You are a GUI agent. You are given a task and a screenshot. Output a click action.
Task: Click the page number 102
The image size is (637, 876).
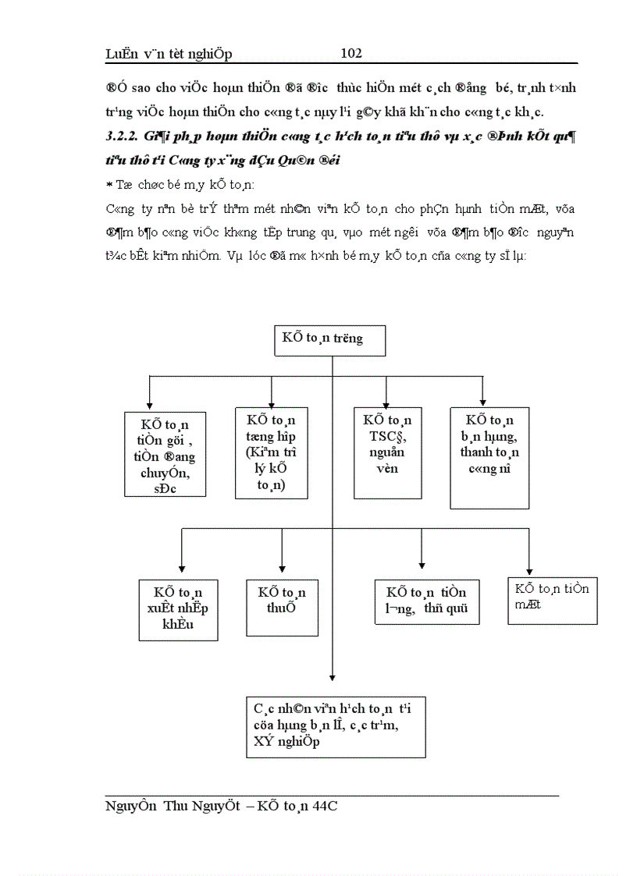(x=351, y=53)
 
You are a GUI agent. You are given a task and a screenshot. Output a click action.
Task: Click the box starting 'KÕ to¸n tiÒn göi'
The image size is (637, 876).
(x=165, y=454)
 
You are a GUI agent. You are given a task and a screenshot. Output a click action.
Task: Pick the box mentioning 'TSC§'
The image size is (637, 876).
(x=387, y=452)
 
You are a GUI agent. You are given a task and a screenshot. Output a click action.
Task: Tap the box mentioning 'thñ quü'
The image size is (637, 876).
(x=427, y=601)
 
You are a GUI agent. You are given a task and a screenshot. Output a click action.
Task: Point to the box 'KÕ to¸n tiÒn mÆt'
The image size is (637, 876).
(x=552, y=600)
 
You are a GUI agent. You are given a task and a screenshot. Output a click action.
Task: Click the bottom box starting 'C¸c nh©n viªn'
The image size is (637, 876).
(x=336, y=727)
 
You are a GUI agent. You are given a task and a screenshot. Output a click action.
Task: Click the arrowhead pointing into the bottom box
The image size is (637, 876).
(x=333, y=677)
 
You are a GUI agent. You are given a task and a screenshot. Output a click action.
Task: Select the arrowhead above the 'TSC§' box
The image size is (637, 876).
(x=388, y=402)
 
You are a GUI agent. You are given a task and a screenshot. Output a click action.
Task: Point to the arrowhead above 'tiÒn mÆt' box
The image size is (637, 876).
(x=529, y=570)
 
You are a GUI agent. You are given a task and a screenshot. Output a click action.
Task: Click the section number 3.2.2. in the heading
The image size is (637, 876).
(x=120, y=137)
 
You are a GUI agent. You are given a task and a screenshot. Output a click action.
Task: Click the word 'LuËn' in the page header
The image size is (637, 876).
(x=122, y=54)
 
